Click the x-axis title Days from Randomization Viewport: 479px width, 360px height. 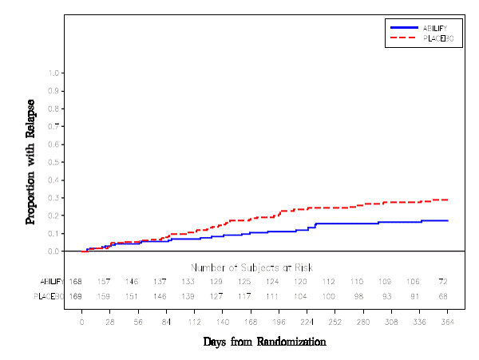264,342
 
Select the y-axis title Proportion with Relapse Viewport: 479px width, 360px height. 31,161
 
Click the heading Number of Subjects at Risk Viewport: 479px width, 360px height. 251,267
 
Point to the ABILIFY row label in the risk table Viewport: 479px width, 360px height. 50,282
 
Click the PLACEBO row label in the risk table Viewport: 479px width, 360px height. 49,296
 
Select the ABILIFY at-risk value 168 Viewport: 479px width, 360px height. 76,282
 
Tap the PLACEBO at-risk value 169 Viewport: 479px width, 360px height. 76,296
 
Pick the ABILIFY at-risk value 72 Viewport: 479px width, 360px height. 443,282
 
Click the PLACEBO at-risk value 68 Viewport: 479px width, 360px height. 443,296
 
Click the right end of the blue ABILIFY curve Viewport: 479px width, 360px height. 447,220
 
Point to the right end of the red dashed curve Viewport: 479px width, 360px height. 447,200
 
